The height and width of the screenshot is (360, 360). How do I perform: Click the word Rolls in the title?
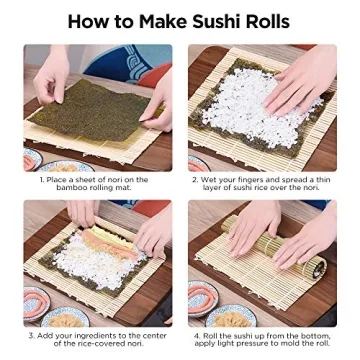(267, 21)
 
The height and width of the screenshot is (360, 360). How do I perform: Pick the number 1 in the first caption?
(42, 180)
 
